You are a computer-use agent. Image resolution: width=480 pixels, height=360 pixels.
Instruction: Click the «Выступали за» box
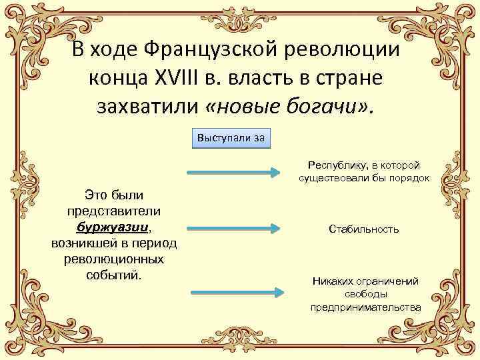(x=231, y=138)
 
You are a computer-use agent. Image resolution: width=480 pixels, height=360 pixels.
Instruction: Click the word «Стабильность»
(x=364, y=229)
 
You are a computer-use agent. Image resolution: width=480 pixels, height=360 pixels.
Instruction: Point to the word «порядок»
(x=408, y=178)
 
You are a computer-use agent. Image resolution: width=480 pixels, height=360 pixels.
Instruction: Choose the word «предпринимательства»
(x=365, y=307)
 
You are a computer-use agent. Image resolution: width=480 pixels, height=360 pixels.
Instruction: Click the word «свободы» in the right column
(x=365, y=294)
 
